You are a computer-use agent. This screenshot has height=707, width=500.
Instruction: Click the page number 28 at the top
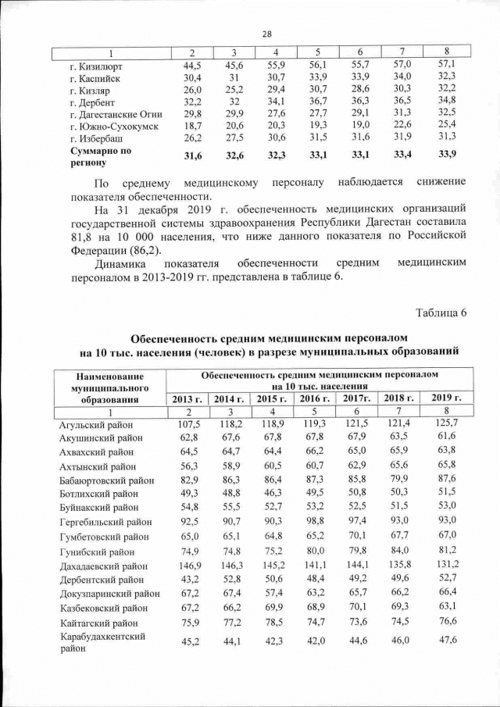(266, 34)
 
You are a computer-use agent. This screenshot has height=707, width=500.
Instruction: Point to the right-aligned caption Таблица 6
(441, 313)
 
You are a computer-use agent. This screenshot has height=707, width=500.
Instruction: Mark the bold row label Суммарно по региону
(102, 155)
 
